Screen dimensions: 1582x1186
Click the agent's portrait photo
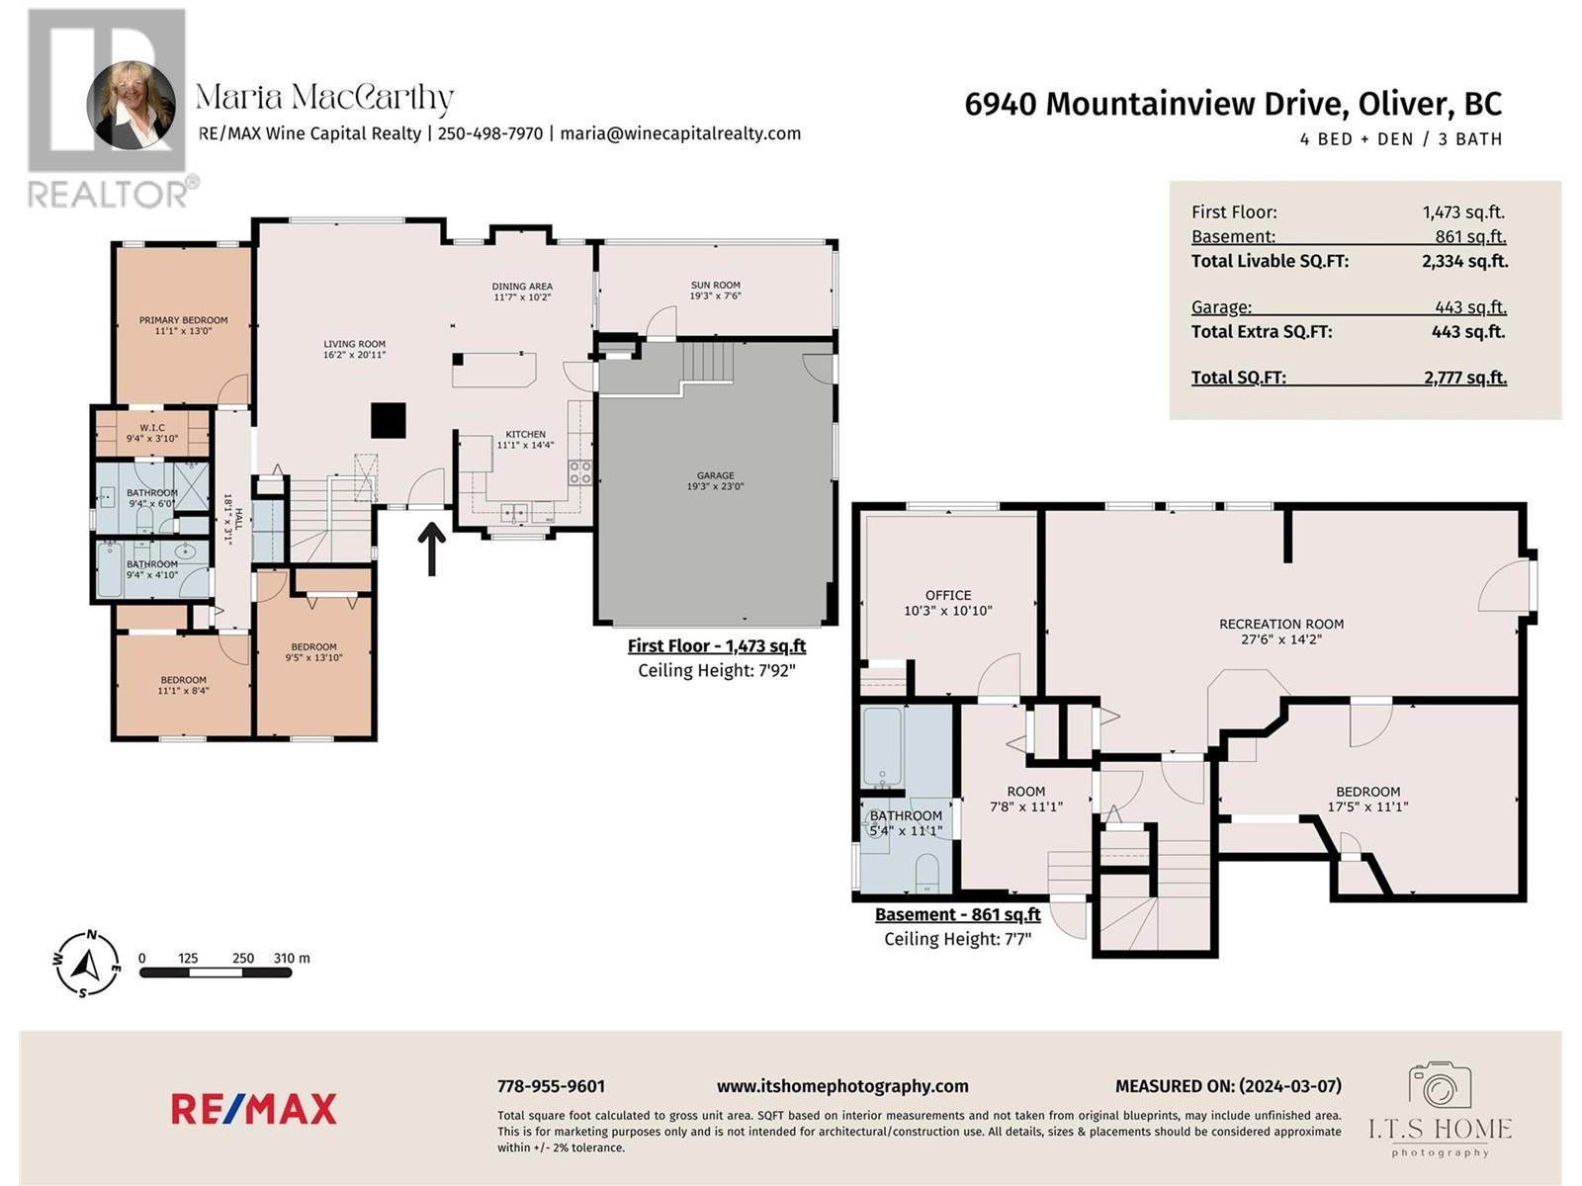point(132,105)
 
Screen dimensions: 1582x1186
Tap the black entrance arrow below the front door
point(432,549)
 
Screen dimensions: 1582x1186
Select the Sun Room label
point(715,286)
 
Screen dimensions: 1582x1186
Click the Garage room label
point(715,475)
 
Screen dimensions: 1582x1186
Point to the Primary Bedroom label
point(183,320)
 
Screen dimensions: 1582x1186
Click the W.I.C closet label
point(152,428)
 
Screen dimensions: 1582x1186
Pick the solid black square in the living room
point(389,421)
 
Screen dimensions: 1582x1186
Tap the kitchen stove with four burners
point(580,472)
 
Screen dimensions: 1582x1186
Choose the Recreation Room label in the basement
point(1281,625)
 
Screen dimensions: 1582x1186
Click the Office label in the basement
point(948,596)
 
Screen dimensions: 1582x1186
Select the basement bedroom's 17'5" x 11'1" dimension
point(1368,807)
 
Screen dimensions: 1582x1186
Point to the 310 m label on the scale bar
point(292,959)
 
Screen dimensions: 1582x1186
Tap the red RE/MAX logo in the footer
point(254,1109)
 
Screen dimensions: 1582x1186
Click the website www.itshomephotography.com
point(842,1086)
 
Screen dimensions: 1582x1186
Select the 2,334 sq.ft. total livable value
point(1464,261)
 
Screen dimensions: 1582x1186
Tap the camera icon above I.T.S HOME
point(1440,1085)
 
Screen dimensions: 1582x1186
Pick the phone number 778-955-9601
point(552,1086)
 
